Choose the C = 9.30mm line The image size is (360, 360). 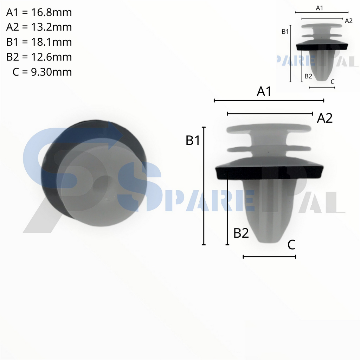coord(42,72)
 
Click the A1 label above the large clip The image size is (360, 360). coord(264,92)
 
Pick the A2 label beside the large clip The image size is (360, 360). coord(324,118)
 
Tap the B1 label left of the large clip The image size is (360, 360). coord(193,141)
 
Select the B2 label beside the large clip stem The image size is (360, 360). coord(241,233)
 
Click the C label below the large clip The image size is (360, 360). coord(291,245)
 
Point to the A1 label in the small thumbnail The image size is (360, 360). coord(320,8)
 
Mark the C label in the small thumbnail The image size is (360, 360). coord(333,82)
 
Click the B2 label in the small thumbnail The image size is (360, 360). coord(308,76)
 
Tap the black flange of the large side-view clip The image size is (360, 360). coord(269,172)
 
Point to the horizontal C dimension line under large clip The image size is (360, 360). coord(269,257)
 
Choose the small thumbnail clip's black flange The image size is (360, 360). coord(322,46)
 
